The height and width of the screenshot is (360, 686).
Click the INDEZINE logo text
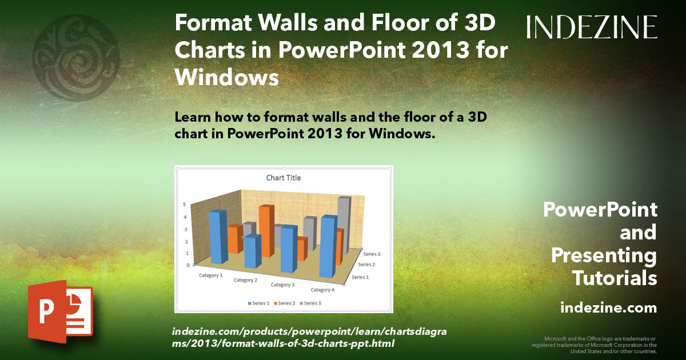click(592, 27)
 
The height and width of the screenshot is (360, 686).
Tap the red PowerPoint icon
click(60, 311)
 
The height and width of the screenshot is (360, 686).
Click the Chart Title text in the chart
click(284, 178)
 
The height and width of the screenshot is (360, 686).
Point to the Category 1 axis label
click(211, 275)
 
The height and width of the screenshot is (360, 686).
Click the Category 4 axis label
click(322, 290)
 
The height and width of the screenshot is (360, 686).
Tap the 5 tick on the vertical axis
click(185, 204)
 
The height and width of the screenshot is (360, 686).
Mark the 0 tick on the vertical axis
click(188, 265)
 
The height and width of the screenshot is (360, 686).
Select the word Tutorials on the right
click(615, 278)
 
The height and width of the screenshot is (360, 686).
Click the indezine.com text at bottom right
click(609, 308)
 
